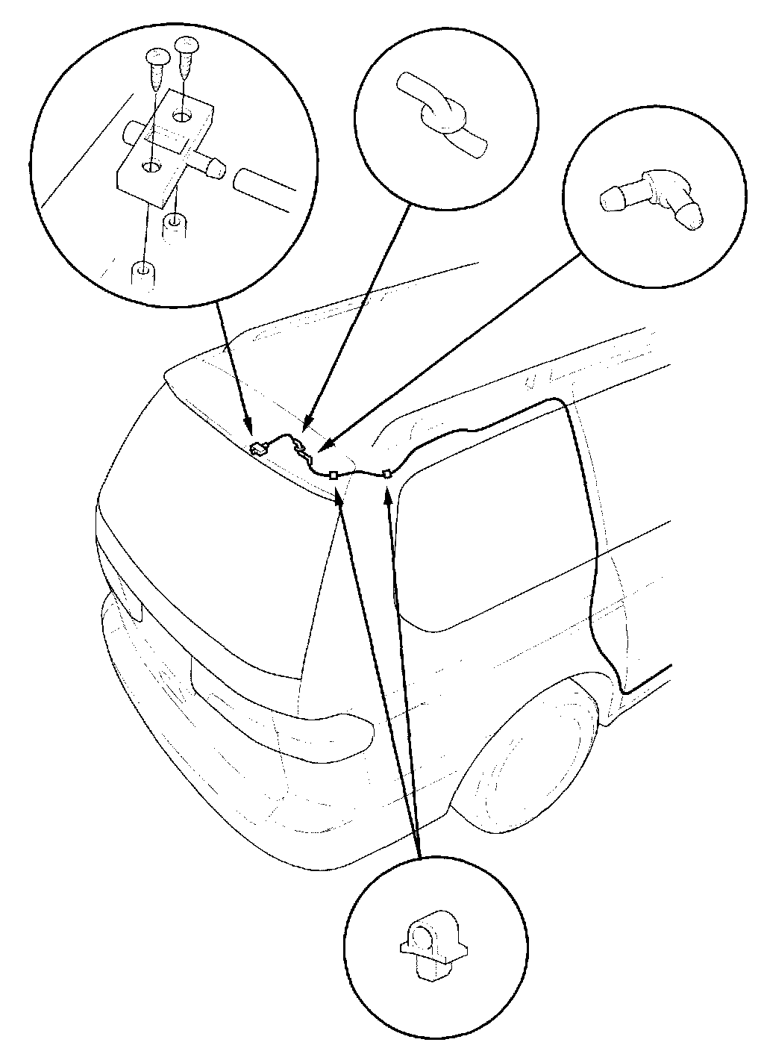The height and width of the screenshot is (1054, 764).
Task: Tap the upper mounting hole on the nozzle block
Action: click(181, 116)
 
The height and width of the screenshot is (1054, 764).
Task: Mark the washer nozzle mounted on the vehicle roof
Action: click(261, 449)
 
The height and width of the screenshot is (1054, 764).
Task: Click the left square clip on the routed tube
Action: click(334, 473)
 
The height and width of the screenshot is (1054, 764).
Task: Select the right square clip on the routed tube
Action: click(387, 473)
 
